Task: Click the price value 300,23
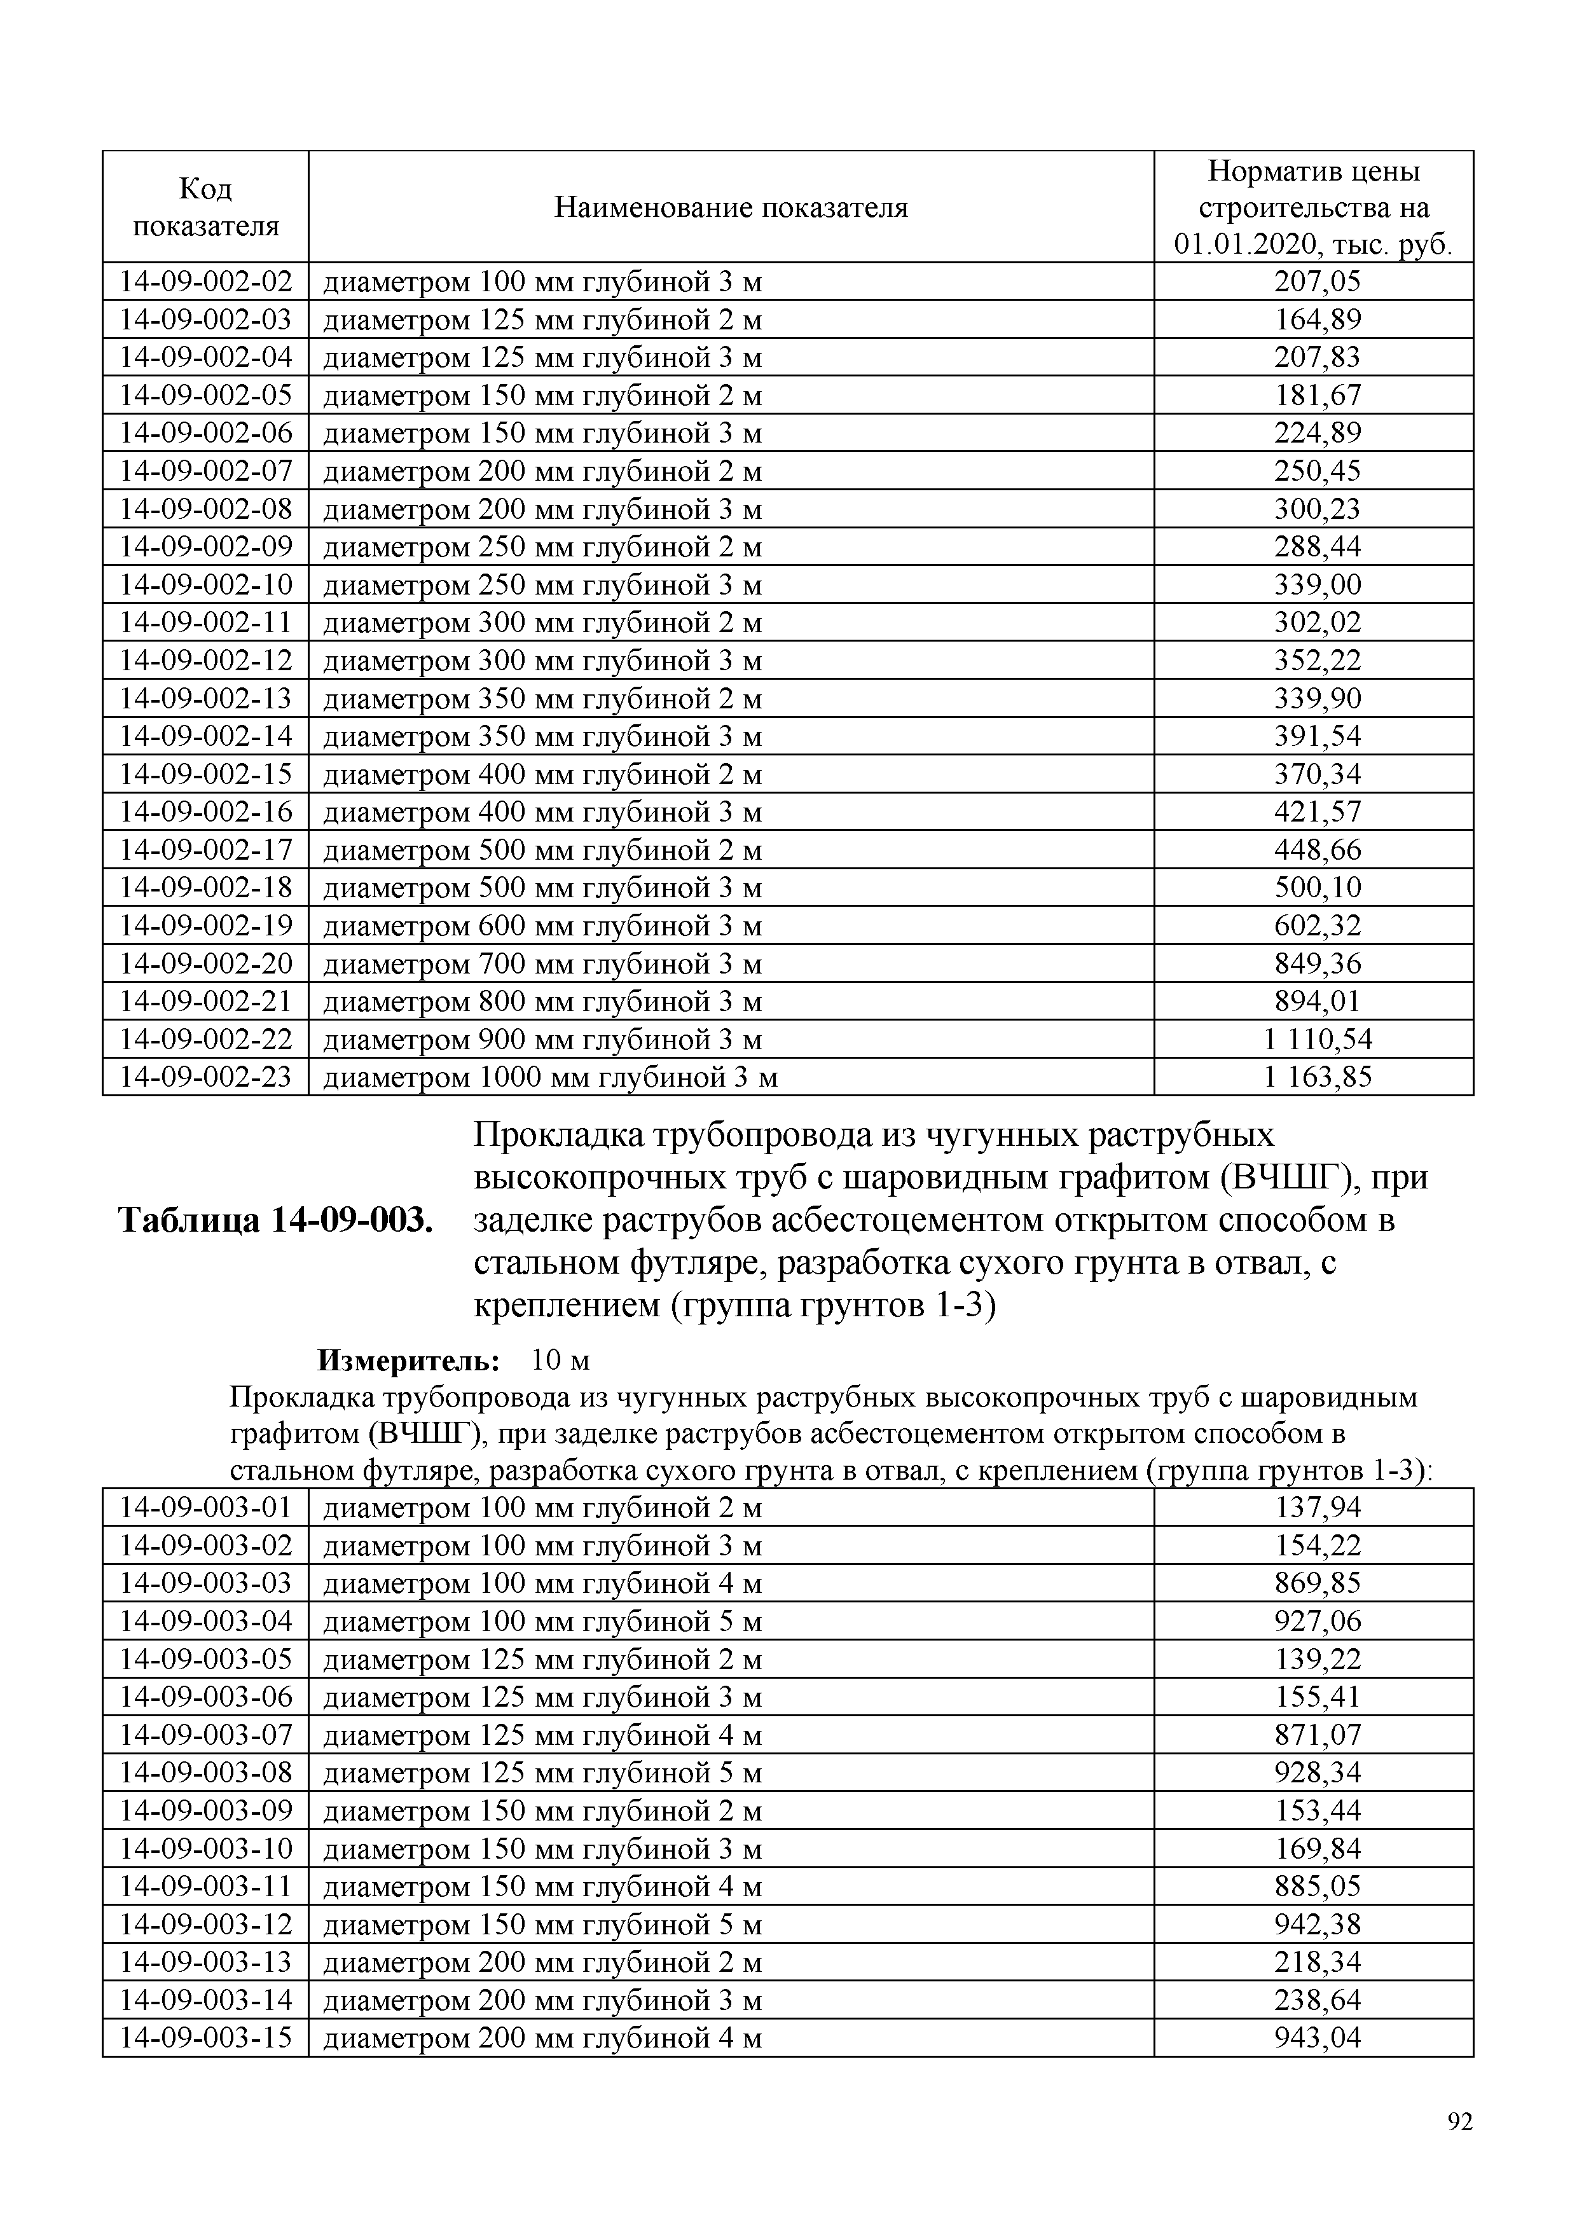tap(1318, 509)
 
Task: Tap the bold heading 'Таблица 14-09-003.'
tap(275, 1220)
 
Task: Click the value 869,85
tap(1318, 1584)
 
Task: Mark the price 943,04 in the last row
tap(1318, 2039)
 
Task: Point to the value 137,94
tap(1318, 1508)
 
